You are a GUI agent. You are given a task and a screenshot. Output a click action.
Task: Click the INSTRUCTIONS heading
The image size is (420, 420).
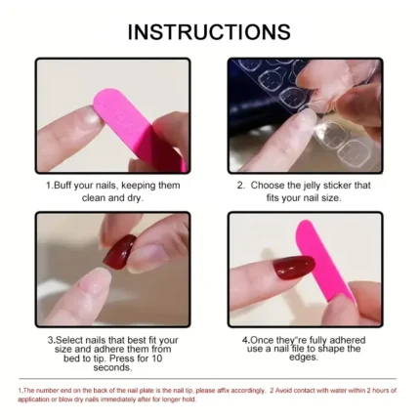(209, 31)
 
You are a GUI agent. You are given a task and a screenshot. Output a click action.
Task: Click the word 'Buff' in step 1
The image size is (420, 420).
(66, 184)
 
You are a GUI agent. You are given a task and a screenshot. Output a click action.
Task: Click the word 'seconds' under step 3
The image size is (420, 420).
(113, 367)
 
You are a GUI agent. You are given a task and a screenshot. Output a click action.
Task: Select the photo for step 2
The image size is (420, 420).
(304, 115)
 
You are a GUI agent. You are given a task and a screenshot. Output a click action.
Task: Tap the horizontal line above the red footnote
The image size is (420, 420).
(209, 379)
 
